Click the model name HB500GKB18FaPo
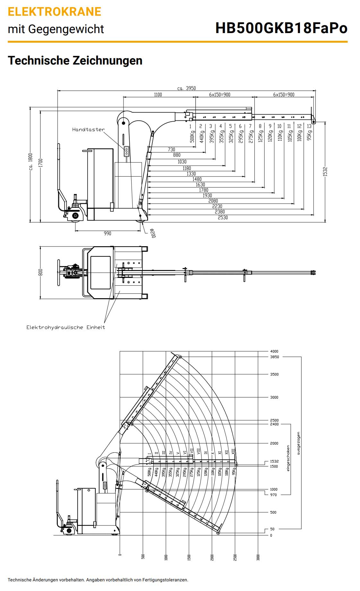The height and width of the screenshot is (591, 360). point(281,28)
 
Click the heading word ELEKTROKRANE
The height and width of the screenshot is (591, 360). point(55,12)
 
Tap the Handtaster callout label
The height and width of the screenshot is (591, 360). point(88,130)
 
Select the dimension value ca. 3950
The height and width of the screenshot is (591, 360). point(186,88)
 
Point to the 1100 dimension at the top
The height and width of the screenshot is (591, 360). point(158,95)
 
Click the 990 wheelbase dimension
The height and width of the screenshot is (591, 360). point(107,233)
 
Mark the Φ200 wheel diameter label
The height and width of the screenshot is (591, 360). point(153,233)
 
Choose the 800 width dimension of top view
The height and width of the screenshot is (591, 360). point(40,272)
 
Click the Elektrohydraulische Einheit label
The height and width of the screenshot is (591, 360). point(66,327)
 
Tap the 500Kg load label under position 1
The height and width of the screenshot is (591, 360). point(192,136)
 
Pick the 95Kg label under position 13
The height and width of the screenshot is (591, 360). point(309,135)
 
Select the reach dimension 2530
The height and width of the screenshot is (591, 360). point(223,218)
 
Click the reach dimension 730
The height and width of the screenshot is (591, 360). point(171,150)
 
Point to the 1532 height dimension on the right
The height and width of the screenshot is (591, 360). point(325,171)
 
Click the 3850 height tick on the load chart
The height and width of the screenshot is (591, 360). point(274,357)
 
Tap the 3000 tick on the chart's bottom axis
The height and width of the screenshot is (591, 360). point(258,557)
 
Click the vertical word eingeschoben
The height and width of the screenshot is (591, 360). point(288,458)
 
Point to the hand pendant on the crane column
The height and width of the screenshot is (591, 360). point(126,152)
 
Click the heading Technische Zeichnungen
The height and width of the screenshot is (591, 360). point(75,60)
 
